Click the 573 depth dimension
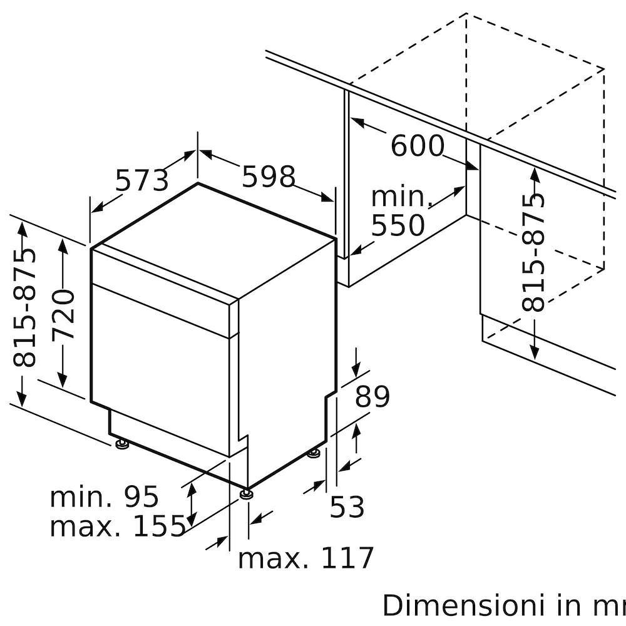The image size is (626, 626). click(142, 180)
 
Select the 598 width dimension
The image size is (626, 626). click(269, 177)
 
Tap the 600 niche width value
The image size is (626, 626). click(417, 146)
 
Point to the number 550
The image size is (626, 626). click(398, 225)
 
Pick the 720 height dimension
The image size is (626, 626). click(64, 314)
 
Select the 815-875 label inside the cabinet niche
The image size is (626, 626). click(534, 252)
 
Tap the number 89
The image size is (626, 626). click(372, 397)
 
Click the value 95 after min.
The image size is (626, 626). click(141, 497)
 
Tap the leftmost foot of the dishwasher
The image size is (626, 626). click(122, 444)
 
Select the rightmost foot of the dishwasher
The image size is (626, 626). click(314, 453)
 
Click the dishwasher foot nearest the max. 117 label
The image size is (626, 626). click(247, 493)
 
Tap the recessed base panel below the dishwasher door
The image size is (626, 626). click(169, 435)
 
